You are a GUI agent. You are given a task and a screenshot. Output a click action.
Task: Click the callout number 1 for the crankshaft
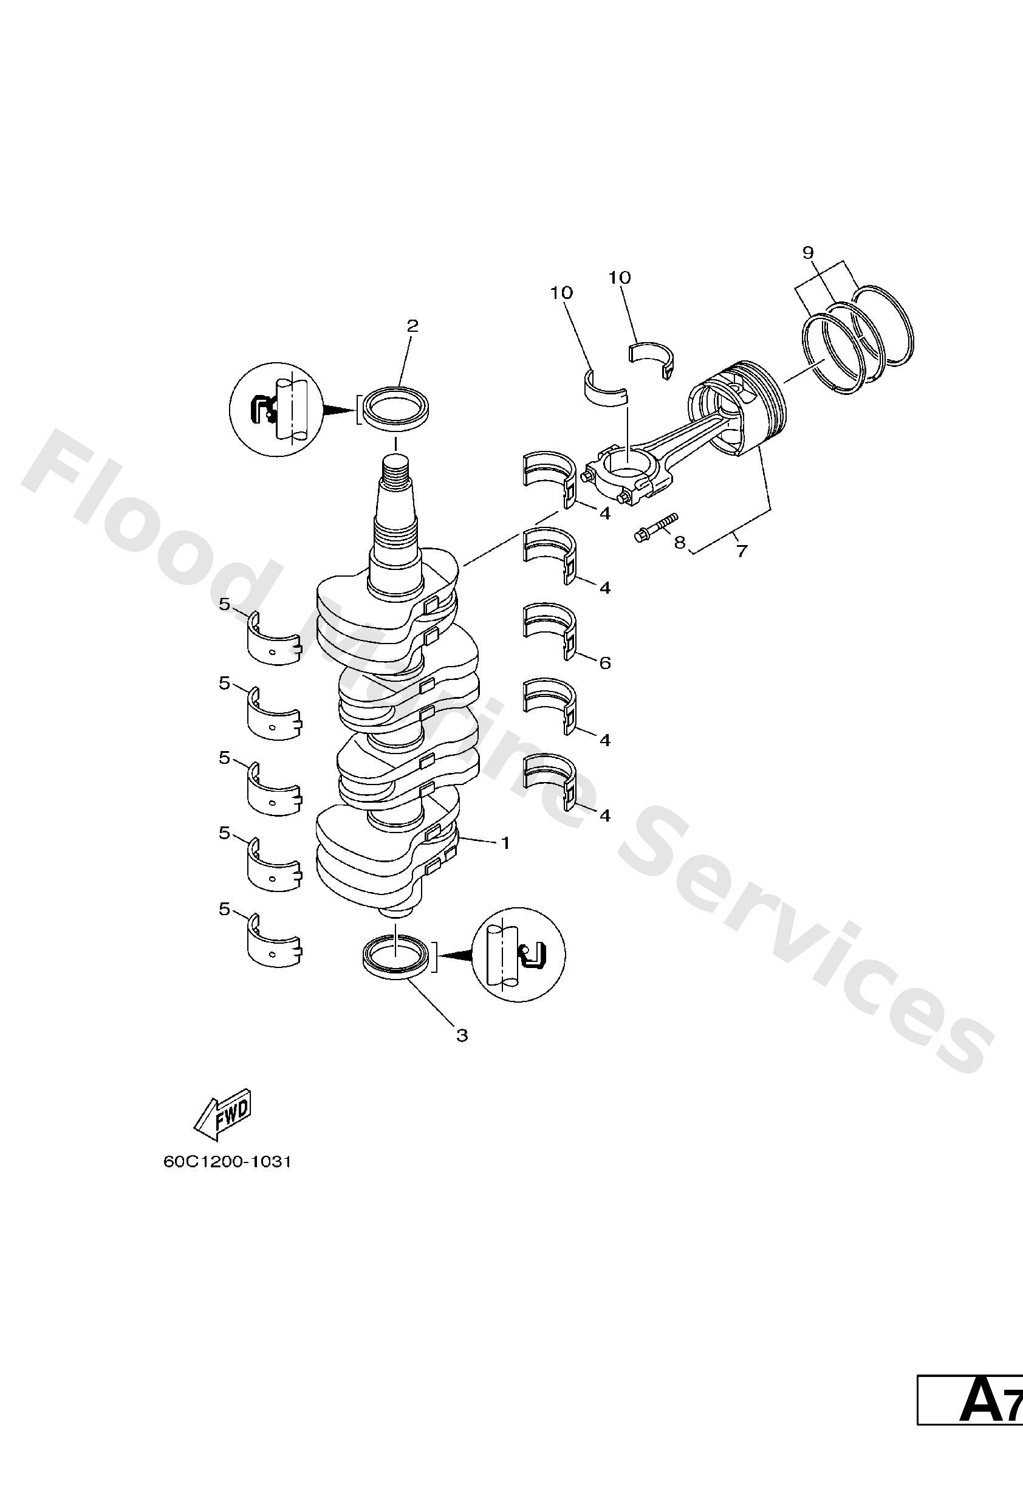click(x=504, y=843)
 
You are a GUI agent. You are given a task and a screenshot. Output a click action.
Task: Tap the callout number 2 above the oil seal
click(x=412, y=326)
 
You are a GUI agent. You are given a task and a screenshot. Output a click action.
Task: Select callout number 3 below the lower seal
click(x=462, y=1035)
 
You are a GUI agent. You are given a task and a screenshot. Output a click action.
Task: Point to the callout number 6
click(x=605, y=663)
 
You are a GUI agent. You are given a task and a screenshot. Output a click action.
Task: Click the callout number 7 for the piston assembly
click(x=742, y=551)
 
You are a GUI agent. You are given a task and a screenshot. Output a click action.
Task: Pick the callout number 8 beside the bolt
click(x=679, y=542)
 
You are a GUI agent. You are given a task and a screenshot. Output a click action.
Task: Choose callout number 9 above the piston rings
click(x=808, y=252)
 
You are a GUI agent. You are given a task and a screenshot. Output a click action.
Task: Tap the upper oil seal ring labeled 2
click(x=397, y=408)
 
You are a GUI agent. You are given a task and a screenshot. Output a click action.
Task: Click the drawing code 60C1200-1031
click(x=228, y=1161)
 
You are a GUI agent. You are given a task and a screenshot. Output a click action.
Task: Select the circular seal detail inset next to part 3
click(x=518, y=954)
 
